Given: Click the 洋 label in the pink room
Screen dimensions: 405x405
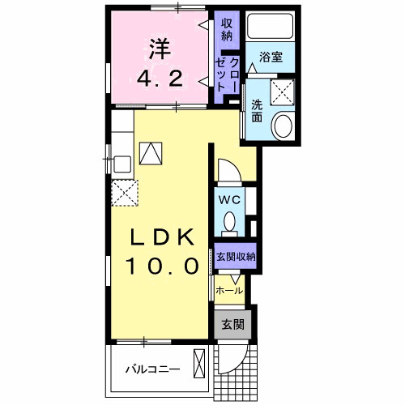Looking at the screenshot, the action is click(160, 49).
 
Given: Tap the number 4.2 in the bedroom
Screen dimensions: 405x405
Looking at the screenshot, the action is click(160, 79).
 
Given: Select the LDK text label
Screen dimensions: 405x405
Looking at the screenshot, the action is click(163, 237).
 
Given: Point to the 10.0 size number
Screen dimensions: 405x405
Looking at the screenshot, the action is click(162, 266).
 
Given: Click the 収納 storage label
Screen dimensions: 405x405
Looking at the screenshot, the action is click(227, 30).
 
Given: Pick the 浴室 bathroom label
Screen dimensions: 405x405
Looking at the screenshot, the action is click(271, 57).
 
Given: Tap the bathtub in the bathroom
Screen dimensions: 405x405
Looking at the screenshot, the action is click(270, 27).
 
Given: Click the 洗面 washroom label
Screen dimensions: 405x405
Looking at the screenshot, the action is click(257, 111).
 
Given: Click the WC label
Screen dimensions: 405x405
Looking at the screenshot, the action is click(229, 200).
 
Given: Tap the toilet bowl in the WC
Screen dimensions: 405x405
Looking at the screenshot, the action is click(230, 223).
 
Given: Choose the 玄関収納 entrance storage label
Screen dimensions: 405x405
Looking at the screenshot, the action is click(236, 257).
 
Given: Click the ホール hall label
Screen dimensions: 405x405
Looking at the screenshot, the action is click(229, 291).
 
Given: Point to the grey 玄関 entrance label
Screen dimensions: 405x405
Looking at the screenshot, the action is click(233, 325).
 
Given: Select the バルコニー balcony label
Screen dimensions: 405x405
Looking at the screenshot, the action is click(153, 369).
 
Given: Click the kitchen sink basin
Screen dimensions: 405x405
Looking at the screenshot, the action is click(122, 164).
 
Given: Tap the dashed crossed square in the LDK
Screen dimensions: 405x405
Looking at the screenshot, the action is click(125, 194).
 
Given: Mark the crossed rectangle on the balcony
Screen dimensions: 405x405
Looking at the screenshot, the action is click(199, 363).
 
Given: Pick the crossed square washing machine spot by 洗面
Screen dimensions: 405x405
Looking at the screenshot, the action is click(283, 92).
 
